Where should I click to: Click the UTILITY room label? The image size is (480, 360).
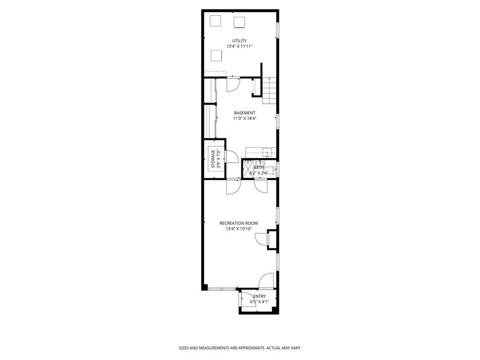[239, 41]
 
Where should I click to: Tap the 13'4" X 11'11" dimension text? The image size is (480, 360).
[239, 46]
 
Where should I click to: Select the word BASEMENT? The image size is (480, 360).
[245, 113]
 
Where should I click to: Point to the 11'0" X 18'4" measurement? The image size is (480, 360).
[245, 119]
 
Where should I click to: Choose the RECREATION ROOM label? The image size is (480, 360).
[239, 223]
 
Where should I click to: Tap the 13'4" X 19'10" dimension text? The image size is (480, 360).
[239, 229]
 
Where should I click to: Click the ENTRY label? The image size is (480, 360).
[259, 296]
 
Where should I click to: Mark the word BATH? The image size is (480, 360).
[258, 167]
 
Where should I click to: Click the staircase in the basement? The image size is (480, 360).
[269, 90]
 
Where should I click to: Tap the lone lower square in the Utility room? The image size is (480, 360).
[216, 55]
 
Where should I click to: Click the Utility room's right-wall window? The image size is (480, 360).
[277, 30]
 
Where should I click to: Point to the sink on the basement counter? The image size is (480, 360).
[267, 151]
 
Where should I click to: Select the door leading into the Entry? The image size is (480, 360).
[266, 281]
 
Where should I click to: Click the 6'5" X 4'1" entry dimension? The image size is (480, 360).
[259, 302]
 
